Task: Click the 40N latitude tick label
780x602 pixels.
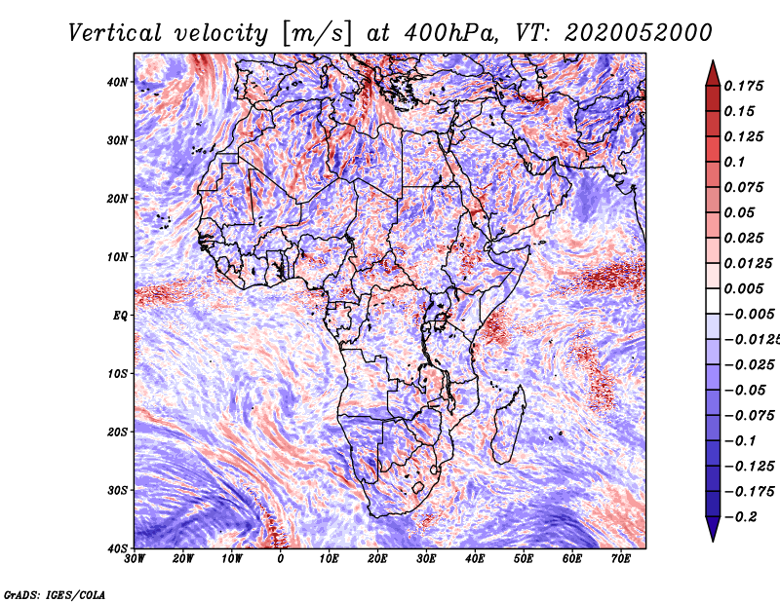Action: pos(117,82)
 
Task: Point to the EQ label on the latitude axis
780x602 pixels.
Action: pos(120,316)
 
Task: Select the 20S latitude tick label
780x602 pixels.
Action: pos(117,432)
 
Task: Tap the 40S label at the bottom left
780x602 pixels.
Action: pos(117,548)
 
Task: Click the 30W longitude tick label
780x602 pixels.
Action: pos(135,559)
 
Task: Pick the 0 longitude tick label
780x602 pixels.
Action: pos(281,559)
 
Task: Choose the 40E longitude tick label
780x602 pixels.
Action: pos(475,559)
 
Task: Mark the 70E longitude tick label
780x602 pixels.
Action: pos(621,559)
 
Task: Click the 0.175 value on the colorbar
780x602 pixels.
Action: pos(744,86)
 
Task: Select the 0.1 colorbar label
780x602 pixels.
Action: pos(735,162)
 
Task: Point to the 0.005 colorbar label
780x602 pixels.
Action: pos(744,288)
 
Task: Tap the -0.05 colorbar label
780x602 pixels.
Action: pos(745,391)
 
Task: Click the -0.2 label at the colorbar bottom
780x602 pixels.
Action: pos(740,517)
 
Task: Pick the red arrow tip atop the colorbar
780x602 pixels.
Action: pos(713,61)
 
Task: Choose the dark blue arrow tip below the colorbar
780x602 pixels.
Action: pos(713,541)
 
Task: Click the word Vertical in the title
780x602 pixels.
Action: pos(115,33)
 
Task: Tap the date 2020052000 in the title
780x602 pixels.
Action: pos(639,33)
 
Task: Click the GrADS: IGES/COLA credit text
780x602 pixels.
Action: pos(55,594)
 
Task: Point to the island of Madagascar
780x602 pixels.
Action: pos(508,424)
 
